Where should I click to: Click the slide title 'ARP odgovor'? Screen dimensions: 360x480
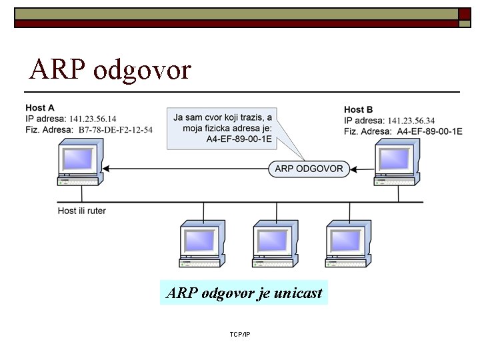coord(110,70)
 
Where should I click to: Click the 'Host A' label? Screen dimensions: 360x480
coord(40,108)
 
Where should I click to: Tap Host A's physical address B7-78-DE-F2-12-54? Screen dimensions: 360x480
coord(115,130)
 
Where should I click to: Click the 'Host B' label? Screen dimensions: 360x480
coord(358,109)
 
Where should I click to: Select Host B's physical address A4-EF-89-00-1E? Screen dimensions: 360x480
coord(429,131)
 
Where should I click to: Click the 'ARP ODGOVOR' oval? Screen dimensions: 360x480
coord(309,169)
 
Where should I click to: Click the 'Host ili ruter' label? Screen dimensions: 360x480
coord(82,211)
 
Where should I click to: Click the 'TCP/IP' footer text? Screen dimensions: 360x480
coord(239,333)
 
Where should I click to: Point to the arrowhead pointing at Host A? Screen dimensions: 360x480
coord(106,169)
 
